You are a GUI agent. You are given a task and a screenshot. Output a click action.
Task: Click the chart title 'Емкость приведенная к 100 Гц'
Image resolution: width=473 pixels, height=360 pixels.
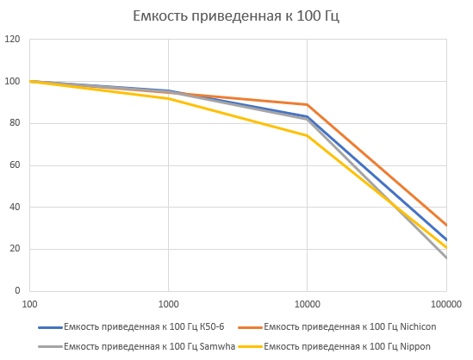(x=236, y=16)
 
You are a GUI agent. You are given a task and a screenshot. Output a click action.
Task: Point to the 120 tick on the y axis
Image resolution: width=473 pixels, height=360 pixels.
(x=12, y=40)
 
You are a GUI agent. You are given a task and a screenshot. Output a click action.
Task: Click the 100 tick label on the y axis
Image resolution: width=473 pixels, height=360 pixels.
(x=12, y=82)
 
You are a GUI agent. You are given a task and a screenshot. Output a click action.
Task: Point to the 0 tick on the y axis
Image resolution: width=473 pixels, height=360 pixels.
(x=17, y=291)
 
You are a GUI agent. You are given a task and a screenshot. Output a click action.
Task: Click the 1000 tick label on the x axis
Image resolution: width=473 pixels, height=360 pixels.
(x=169, y=304)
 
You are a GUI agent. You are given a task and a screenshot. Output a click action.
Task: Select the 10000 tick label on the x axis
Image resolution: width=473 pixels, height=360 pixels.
(x=308, y=304)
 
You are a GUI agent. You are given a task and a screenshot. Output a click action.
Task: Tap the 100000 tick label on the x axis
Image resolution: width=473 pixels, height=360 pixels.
(x=445, y=304)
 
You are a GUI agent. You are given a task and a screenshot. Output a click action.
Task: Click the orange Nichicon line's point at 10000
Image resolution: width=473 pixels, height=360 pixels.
(x=308, y=104)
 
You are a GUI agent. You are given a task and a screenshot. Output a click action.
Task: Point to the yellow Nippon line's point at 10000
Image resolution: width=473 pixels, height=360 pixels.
(x=308, y=135)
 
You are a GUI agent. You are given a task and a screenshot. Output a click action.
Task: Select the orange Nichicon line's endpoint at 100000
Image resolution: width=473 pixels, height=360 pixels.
(x=445, y=226)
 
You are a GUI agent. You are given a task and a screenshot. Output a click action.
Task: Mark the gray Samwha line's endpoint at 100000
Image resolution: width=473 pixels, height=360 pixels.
(x=445, y=258)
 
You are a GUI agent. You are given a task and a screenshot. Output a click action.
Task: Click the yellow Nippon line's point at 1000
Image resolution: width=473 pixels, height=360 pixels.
(x=169, y=98)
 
